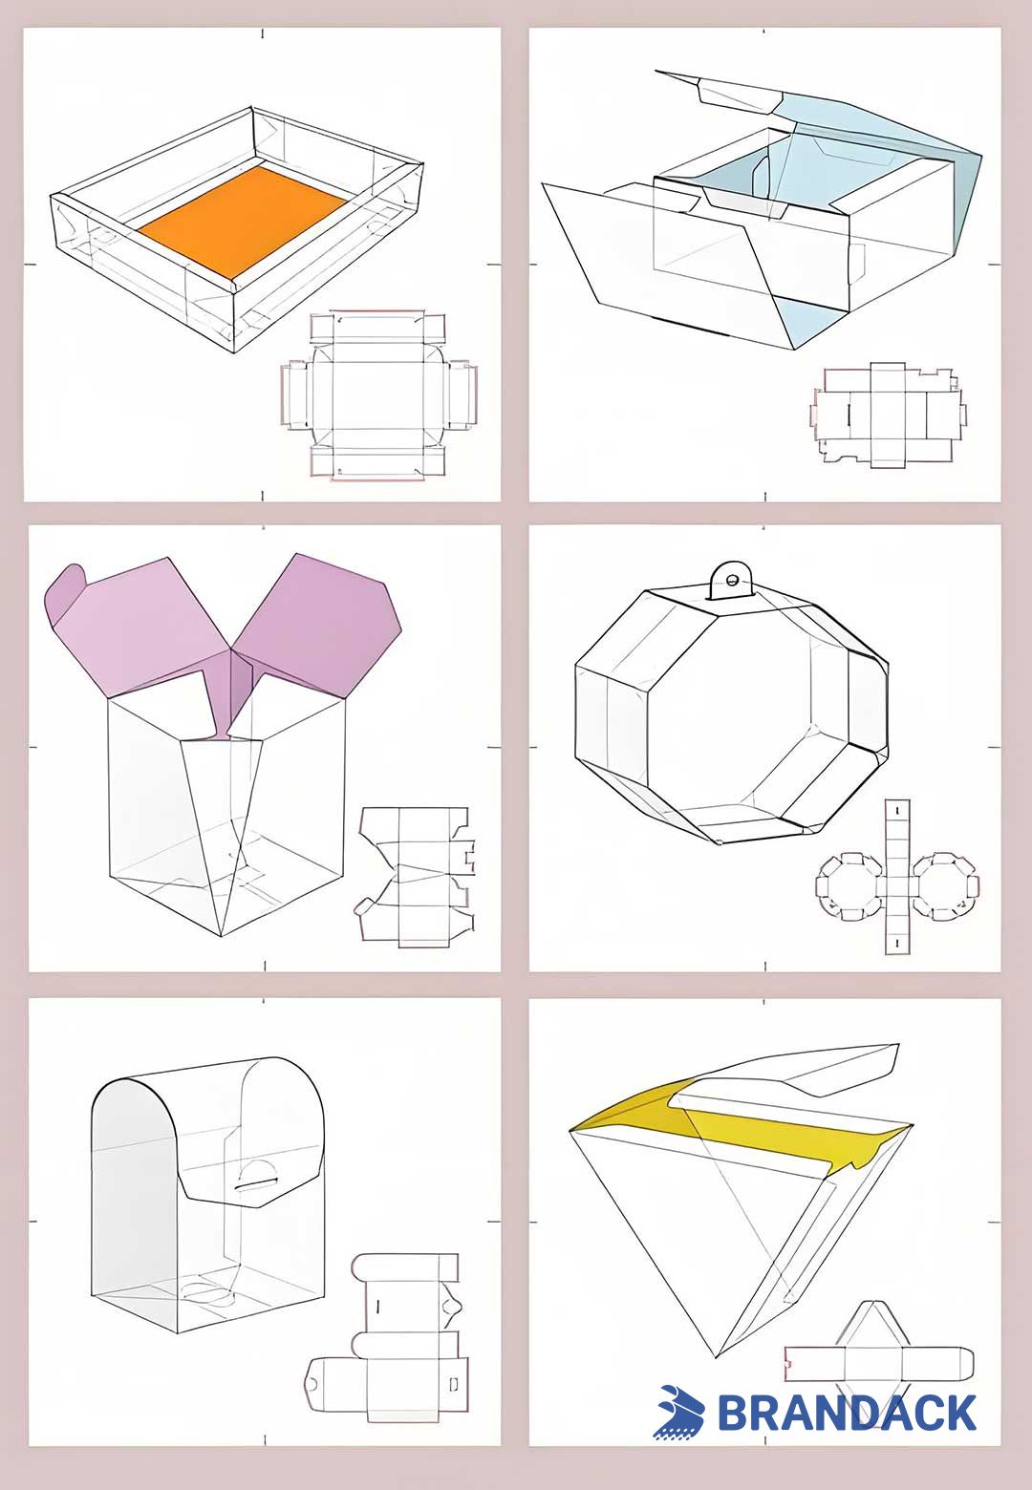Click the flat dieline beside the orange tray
[x=378, y=394]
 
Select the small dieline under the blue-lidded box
[x=888, y=415]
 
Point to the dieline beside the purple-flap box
[x=417, y=876]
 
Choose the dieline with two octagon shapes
[x=895, y=877]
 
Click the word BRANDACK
[x=847, y=1413]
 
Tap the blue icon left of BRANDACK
[x=679, y=1412]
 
